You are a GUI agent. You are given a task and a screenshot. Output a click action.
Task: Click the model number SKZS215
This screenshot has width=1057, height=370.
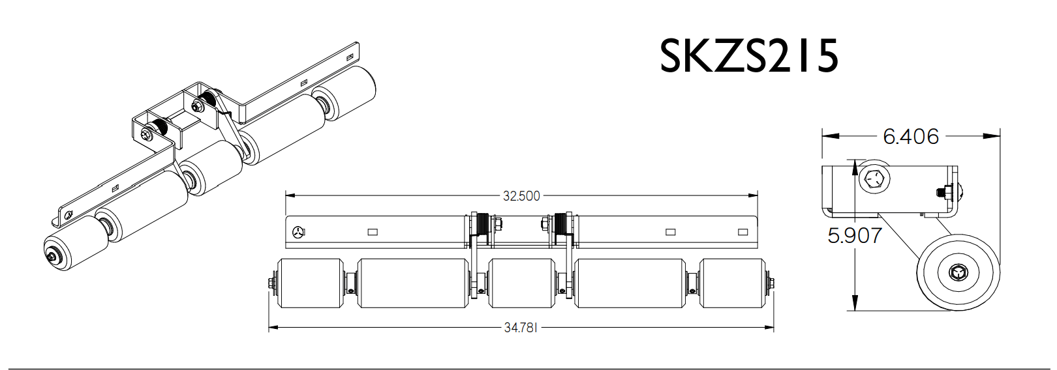pyautogui.click(x=748, y=56)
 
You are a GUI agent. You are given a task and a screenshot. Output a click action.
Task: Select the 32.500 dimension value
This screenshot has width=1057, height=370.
pyautogui.click(x=521, y=195)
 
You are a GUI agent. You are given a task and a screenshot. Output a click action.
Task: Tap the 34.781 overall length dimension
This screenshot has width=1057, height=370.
pyautogui.click(x=520, y=328)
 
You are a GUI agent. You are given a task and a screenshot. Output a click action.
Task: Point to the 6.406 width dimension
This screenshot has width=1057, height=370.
pyautogui.click(x=910, y=136)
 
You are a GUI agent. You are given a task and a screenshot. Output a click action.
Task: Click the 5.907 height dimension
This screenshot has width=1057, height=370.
pyautogui.click(x=854, y=235)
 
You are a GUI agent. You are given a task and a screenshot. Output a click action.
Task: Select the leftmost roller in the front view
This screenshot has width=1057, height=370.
pyautogui.click(x=310, y=283)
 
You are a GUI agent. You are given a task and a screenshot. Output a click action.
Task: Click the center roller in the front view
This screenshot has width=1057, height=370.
pyautogui.click(x=521, y=283)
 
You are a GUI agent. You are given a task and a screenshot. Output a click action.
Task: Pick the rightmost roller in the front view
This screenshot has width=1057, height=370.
pyautogui.click(x=731, y=283)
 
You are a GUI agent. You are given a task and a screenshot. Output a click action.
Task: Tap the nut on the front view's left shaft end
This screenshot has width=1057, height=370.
pyautogui.click(x=271, y=283)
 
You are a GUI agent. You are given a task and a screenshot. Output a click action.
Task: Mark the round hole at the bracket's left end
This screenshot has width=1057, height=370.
pyautogui.click(x=298, y=231)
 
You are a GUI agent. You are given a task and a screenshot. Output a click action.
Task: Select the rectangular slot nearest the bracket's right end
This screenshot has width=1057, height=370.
pyautogui.click(x=743, y=232)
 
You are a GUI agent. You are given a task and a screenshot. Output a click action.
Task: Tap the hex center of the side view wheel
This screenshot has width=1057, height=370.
pyautogui.click(x=957, y=272)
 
